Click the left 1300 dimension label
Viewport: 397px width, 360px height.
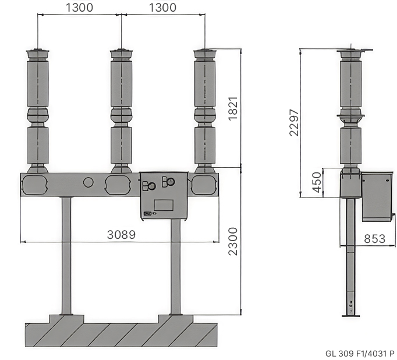[x=80, y=8]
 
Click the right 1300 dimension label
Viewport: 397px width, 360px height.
[x=162, y=8]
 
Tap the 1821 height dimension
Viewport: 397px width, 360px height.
[x=233, y=108]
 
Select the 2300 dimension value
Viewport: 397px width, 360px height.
[x=233, y=241]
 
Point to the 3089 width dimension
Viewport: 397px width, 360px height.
[x=121, y=235]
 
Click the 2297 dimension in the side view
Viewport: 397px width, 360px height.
[x=294, y=122]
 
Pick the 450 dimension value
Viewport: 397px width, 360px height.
[x=317, y=182]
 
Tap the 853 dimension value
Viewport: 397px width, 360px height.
[x=375, y=239]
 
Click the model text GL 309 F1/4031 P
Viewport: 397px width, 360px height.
[x=360, y=354]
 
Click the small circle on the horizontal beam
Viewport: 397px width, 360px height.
[x=88, y=182]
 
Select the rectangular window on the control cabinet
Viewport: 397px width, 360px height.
[x=164, y=205]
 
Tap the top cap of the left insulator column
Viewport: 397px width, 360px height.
[x=38, y=54]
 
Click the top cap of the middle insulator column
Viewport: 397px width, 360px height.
[x=121, y=54]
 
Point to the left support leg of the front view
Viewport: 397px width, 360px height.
[x=66, y=256]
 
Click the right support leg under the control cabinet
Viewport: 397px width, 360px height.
[x=175, y=267]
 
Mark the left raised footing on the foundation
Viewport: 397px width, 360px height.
[x=66, y=319]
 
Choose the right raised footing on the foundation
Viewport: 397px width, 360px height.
[x=176, y=319]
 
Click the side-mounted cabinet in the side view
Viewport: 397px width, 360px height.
[x=377, y=196]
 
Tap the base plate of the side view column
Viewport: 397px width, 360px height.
[x=350, y=316]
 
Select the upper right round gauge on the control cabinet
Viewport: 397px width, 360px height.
[x=171, y=181]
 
